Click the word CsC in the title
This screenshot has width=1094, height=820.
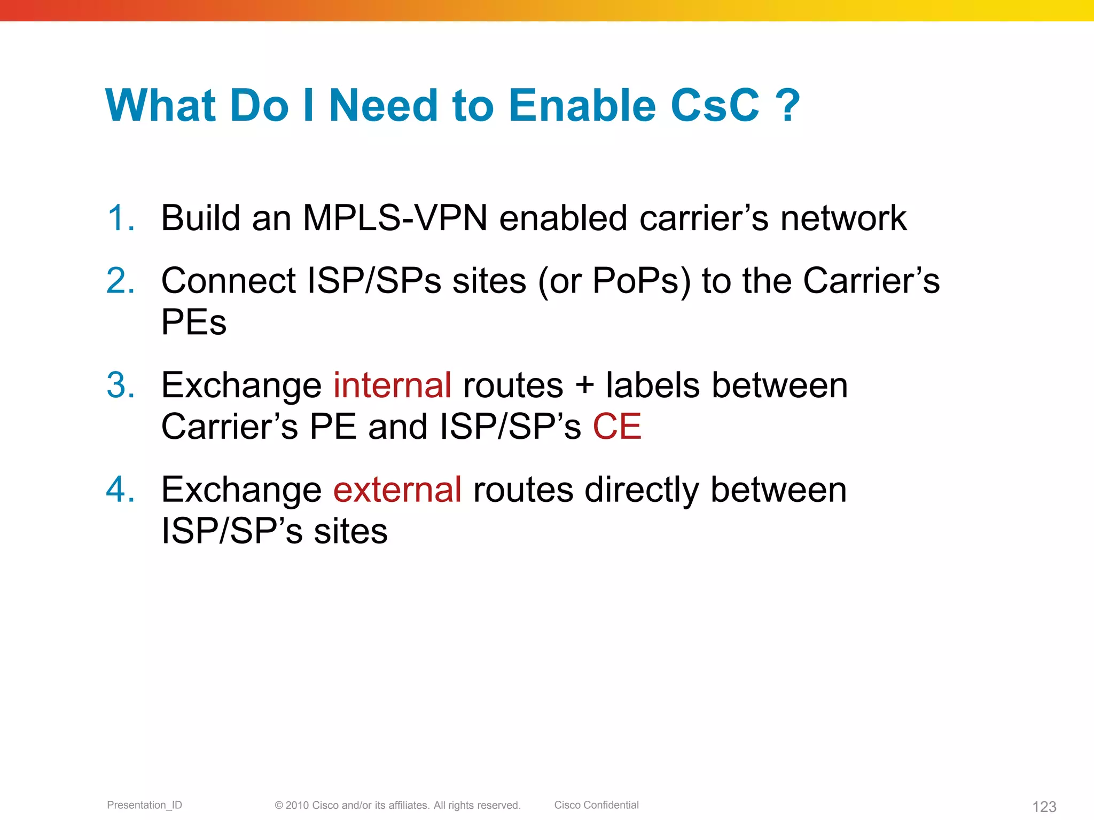point(715,105)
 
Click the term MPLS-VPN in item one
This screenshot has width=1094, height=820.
point(395,218)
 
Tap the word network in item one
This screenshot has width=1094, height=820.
point(843,218)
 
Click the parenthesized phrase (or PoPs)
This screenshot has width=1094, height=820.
point(614,281)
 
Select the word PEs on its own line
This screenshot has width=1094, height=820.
point(194,322)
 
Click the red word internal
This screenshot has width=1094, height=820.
point(393,385)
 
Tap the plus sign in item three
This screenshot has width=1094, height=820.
point(585,386)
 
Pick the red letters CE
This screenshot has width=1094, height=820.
point(617,427)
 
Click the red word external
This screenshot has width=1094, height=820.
point(397,490)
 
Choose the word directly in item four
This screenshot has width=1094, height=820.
point(642,491)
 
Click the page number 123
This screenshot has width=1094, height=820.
point(1044,807)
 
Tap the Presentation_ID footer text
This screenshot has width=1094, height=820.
point(144,805)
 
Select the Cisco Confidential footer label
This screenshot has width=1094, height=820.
point(596,805)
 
